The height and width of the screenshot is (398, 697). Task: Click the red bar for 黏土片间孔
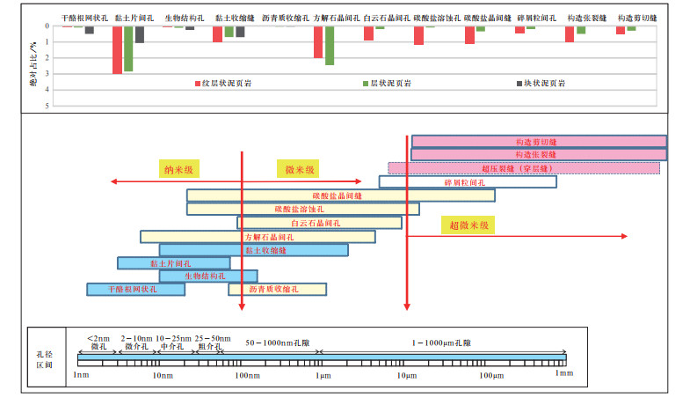tap(117, 50)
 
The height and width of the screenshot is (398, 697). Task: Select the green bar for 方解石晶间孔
tap(330, 46)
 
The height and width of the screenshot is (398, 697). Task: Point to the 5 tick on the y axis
tap(48, 106)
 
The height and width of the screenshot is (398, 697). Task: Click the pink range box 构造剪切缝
tap(538, 141)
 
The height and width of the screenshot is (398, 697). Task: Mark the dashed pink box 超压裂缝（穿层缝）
tap(524, 167)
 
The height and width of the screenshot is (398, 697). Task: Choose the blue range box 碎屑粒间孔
tap(467, 182)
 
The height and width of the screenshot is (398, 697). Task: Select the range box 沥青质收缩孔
tap(277, 289)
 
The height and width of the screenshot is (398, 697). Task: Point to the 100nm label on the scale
tap(248, 376)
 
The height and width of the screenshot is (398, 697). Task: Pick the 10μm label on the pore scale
tap(406, 376)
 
